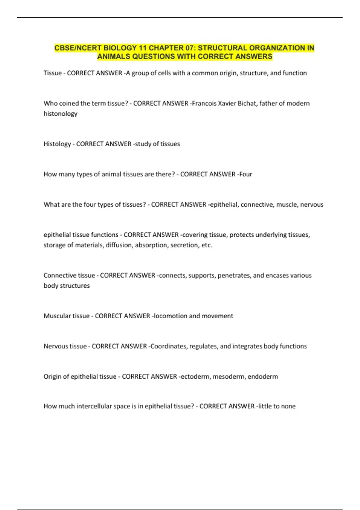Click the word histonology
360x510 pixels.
[60, 113]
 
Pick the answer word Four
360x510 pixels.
[245, 174]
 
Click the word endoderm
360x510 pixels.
[263, 376]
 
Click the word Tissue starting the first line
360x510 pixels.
[52, 73]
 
